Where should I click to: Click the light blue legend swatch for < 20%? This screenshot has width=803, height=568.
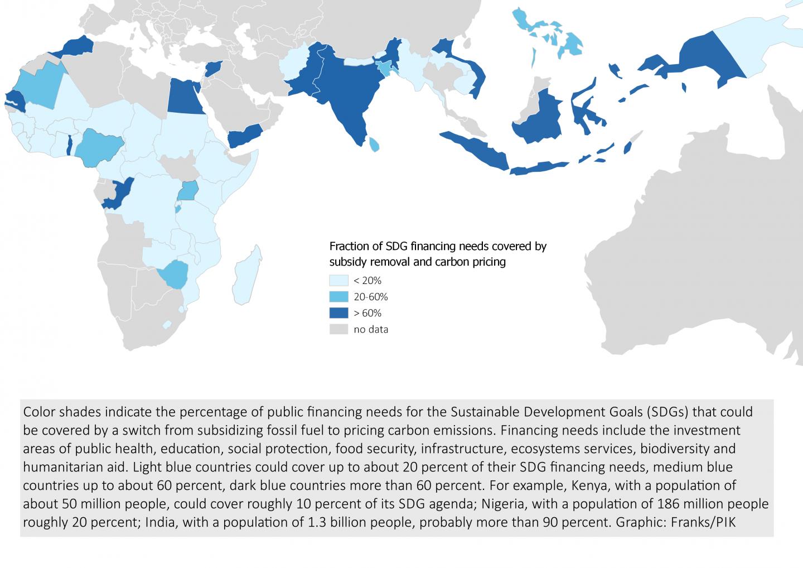click(x=338, y=280)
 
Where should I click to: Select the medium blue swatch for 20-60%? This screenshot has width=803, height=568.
click(x=338, y=296)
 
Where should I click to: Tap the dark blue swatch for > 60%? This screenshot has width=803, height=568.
click(x=338, y=313)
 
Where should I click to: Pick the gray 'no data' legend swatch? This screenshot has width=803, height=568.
click(x=338, y=329)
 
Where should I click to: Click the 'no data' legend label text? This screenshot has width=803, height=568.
click(x=371, y=329)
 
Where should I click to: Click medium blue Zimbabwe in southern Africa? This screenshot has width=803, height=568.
click(x=172, y=274)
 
